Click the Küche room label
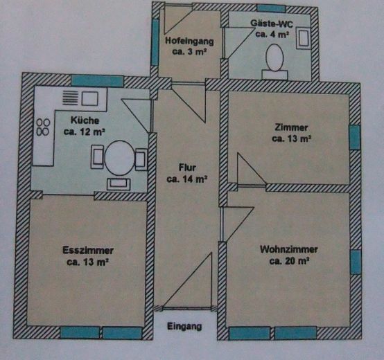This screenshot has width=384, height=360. coord(84,118)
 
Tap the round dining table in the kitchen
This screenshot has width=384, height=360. coord(119,159)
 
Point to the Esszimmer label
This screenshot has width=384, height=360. coord(87,250)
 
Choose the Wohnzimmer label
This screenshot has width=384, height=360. coord(289,249)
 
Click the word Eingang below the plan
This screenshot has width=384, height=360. coord(184,326)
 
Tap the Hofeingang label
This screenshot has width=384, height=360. coord(189,41)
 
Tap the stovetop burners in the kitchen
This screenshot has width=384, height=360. coord(43,126)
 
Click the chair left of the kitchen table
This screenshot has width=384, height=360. coord(96,159)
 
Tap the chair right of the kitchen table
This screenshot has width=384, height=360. coord(141,160)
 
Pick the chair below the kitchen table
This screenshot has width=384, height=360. coord(119,183)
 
